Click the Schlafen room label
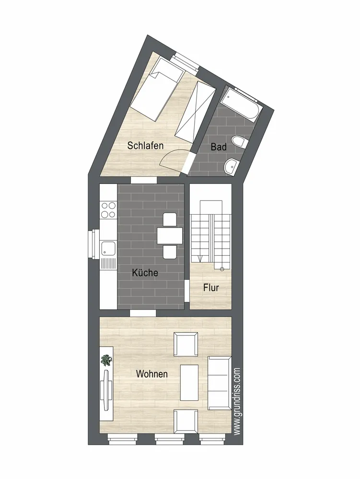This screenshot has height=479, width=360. pos(145,146)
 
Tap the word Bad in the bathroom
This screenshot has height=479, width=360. pos(219,147)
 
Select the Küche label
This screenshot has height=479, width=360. pos(145,273)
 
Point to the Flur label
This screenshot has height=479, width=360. pos(211,287)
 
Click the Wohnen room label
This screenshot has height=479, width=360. pos(152,374)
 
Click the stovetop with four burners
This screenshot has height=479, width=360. pos(108,210)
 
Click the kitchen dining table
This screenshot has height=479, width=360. pos(170,236)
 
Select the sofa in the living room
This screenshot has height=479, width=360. pos(220,383)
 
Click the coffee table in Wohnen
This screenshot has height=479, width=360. pos(189,382)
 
